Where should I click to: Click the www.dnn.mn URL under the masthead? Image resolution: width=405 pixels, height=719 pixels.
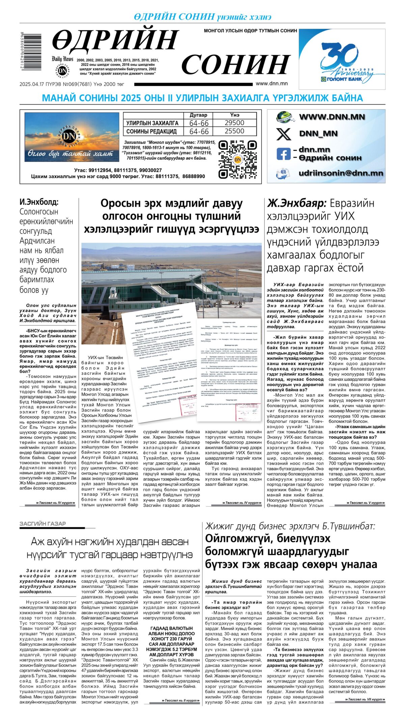(x=272, y=84)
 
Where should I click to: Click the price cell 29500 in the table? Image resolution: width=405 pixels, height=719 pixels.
(x=234, y=123)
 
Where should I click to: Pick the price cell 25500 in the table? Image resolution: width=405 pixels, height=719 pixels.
(x=234, y=131)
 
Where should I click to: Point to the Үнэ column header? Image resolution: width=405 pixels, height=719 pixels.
(x=234, y=115)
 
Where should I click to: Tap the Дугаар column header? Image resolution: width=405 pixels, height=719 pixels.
(x=198, y=115)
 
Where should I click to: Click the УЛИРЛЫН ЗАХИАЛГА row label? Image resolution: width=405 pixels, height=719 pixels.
(x=152, y=123)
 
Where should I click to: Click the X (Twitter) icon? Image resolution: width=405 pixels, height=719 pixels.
(x=283, y=134)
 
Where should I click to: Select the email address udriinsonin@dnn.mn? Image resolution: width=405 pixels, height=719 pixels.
(x=341, y=173)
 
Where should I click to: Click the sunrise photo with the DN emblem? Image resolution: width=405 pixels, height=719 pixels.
(x=72, y=137)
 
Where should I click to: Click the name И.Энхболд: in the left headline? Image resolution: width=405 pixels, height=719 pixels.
(x=39, y=202)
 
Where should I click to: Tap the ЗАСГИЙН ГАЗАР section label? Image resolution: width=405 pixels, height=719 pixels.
(x=43, y=524)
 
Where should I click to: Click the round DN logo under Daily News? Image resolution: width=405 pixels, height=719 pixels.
(x=62, y=71)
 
